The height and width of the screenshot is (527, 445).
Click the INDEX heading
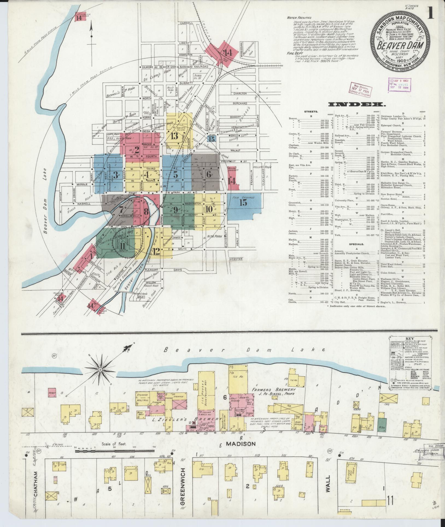[x=357, y=104]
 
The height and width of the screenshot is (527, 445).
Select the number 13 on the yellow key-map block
[x=175, y=136]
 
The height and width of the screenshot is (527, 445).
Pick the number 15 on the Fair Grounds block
[x=243, y=203]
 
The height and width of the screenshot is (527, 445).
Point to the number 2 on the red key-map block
[x=137, y=150]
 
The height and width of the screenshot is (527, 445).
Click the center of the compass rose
[x=100, y=369]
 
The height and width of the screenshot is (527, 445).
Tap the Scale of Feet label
[x=114, y=444]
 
